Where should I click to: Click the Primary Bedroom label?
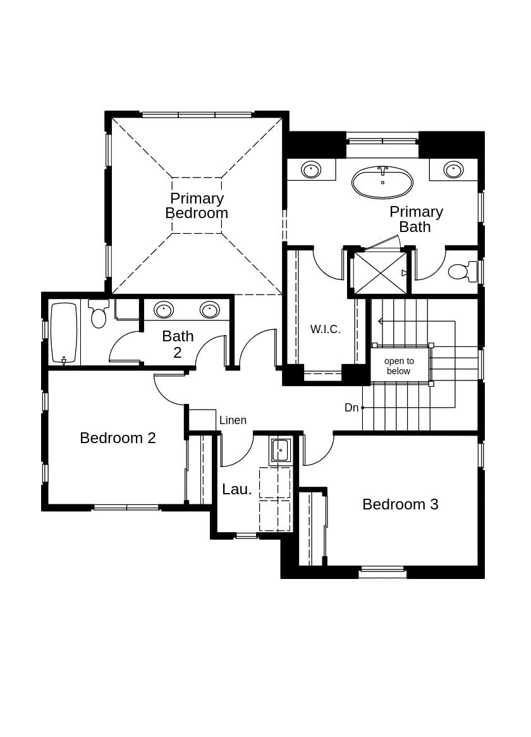coord(197,206)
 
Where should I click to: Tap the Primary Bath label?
coord(416,219)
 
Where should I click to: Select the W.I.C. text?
coord(326,329)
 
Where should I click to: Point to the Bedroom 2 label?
coord(118,438)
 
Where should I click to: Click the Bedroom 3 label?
coord(400,504)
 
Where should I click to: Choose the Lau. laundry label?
coord(237,489)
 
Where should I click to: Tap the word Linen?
coord(233,420)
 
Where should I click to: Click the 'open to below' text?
coord(399,366)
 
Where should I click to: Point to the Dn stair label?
coord(351,408)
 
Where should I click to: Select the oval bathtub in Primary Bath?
coord(382,183)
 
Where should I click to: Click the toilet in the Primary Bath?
coord(461,271)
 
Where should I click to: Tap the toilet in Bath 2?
coord(99,315)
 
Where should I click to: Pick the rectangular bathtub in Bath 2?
coord(64,332)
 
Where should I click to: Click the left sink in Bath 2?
coord(164,310)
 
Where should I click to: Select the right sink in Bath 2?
coord(210,310)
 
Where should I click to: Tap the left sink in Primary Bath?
coord(311,169)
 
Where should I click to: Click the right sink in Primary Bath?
coord(453,169)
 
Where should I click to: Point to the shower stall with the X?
coord(380,273)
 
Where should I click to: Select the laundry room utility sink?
coord(280,451)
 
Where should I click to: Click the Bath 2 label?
coord(178,344)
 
